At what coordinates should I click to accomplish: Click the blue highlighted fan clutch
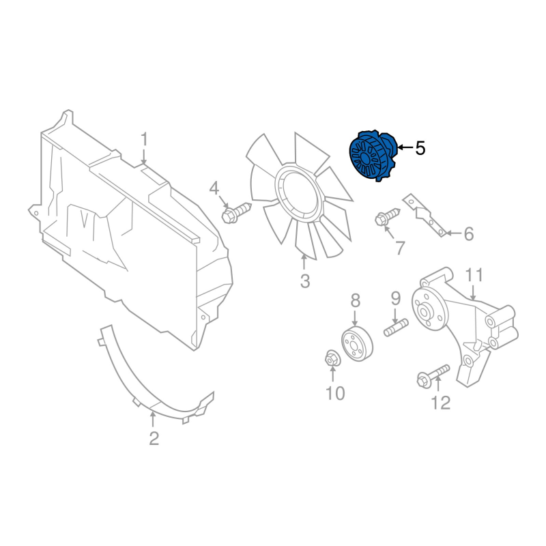tap(373, 156)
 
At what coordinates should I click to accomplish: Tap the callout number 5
tap(420, 148)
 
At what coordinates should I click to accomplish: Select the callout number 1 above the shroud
tap(144, 139)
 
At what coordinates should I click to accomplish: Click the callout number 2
tap(154, 438)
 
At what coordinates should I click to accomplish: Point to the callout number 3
tap(305, 281)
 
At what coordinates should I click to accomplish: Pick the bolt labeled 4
tap(236, 212)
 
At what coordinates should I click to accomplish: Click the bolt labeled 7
tap(387, 216)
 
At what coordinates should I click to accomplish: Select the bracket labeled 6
tap(425, 215)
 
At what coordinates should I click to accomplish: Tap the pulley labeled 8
tap(357, 344)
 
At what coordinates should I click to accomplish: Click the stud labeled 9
tap(396, 328)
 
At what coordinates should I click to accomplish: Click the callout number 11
tap(474, 275)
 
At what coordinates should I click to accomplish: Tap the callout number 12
tap(440, 403)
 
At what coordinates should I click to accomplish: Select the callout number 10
tap(335, 393)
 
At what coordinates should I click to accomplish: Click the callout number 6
tap(469, 233)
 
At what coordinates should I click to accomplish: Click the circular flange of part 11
tap(429, 308)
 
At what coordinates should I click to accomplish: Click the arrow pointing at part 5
tap(405, 147)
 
